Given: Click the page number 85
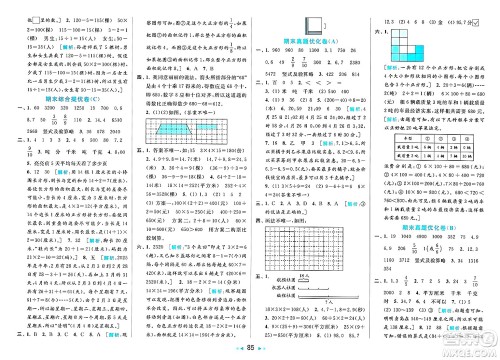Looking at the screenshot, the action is click(x=250, y=351).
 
